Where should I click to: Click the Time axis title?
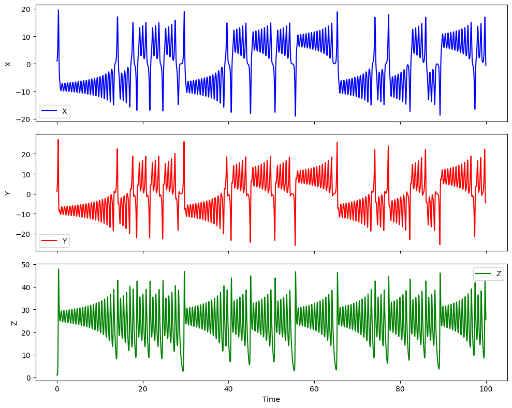point(271,399)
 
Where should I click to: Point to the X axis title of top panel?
point(8,64)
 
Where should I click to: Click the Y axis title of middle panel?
point(8,193)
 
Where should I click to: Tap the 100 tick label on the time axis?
point(486,387)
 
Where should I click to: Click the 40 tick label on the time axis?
point(228,387)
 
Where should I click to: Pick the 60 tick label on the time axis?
point(314,387)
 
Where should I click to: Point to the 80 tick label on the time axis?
point(400,387)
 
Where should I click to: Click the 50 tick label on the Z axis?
point(25,265)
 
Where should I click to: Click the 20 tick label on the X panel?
point(25,9)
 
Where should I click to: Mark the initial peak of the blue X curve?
point(58,10)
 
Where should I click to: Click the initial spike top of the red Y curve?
point(58,140)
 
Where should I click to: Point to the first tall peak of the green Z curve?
point(58,269)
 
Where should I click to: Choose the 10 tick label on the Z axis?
point(25,355)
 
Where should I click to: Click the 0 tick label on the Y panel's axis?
point(27,194)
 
